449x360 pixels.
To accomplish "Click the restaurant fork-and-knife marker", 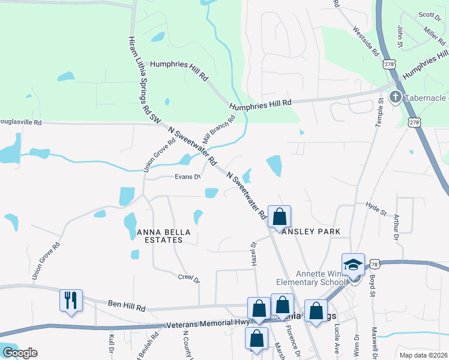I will click(x=71, y=299).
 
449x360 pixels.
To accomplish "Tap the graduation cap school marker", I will click(x=353, y=264).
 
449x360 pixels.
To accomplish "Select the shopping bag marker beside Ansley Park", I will click(x=280, y=217).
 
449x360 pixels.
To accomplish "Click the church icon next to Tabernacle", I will click(x=396, y=97).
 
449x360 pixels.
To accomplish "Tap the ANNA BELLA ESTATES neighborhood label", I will click(x=160, y=236).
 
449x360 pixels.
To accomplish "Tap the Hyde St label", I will click(x=376, y=208).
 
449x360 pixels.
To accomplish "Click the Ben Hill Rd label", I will click(x=127, y=307).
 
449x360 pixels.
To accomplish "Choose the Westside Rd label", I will click(x=366, y=41).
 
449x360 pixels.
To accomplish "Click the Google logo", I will click(x=20, y=353).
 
